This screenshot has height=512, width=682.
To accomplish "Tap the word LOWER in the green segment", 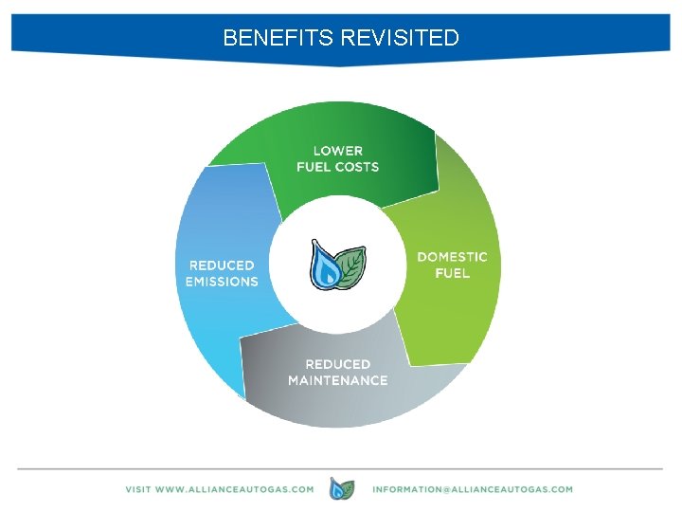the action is (x=337, y=150).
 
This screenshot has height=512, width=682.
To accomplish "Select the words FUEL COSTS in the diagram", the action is (x=337, y=167).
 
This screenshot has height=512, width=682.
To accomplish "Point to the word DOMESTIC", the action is (x=452, y=257).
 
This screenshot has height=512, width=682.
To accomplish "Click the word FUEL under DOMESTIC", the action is (x=452, y=273).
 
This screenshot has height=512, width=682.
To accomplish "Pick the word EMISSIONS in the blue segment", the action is (x=222, y=282).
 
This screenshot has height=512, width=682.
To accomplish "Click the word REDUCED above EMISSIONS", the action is (x=222, y=265).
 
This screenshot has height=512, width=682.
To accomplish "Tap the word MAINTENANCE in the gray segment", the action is (x=337, y=380).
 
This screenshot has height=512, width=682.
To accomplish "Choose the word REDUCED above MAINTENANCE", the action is (x=337, y=364).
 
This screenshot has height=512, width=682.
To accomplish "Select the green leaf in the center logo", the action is (x=351, y=265).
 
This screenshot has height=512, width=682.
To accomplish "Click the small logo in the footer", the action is (x=342, y=489).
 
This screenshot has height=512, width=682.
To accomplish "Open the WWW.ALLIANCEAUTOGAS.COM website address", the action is (x=234, y=489).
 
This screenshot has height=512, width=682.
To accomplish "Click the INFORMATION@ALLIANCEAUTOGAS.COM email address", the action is (x=473, y=489).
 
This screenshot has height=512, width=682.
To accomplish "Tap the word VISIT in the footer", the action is (x=139, y=489).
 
